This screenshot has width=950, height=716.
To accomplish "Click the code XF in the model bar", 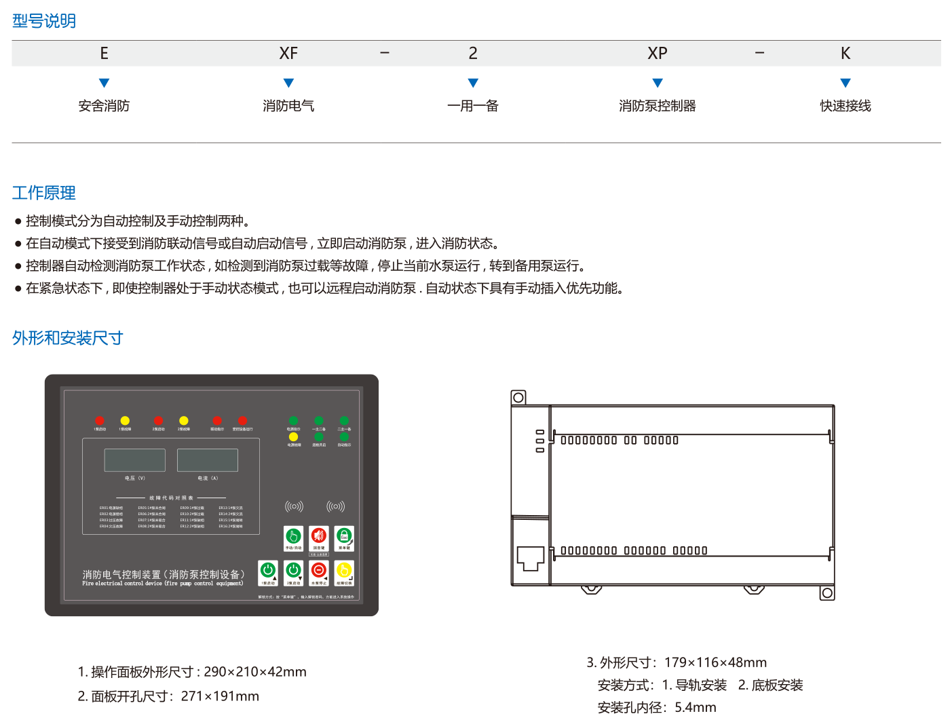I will pyautogui.click(x=288, y=54).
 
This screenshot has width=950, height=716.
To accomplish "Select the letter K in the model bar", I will pyautogui.click(x=845, y=54).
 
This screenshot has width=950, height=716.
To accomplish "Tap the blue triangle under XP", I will pyautogui.click(x=657, y=83).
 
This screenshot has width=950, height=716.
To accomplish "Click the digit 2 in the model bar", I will pyautogui.click(x=473, y=54).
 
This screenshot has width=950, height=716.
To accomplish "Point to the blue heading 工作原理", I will pyautogui.click(x=44, y=193).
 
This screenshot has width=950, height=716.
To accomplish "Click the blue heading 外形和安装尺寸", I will pyautogui.click(x=67, y=338).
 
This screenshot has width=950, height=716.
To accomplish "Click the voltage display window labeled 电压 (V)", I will pyautogui.click(x=134, y=460).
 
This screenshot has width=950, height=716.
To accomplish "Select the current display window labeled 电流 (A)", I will pyautogui.click(x=208, y=460).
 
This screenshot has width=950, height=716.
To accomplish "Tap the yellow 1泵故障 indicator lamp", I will pyautogui.click(x=125, y=421).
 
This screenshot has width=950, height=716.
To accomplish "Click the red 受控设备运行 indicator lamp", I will pyautogui.click(x=242, y=421).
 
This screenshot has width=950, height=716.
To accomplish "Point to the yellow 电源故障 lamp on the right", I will pyautogui.click(x=294, y=437).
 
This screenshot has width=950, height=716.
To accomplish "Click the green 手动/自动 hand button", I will pyautogui.click(x=293, y=537).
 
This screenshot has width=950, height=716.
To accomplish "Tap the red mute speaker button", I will pyautogui.click(x=318, y=537).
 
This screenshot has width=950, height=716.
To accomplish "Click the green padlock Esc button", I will pyautogui.click(x=344, y=537).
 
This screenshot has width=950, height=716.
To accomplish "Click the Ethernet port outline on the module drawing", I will pyautogui.click(x=530, y=559).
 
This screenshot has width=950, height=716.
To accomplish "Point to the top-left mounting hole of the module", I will pyautogui.click(x=518, y=397).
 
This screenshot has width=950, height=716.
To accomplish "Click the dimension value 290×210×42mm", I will pyautogui.click(x=255, y=672).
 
